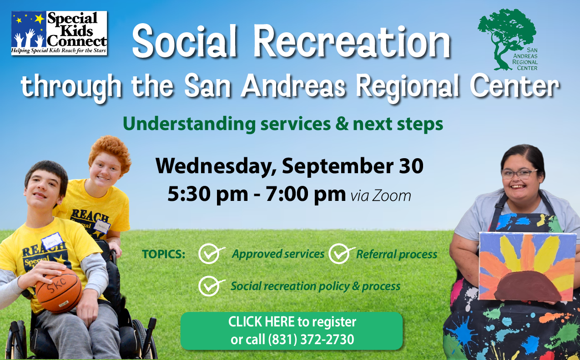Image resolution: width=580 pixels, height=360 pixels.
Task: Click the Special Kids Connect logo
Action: [x=59, y=33]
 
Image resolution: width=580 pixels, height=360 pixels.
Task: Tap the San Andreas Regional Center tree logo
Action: [x=508, y=40]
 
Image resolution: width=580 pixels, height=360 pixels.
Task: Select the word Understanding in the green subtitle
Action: [x=189, y=124]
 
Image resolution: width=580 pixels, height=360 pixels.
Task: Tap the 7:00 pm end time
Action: [x=306, y=195]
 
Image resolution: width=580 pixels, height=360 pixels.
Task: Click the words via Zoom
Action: [x=381, y=196]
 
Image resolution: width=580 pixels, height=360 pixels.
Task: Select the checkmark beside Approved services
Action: [x=210, y=254]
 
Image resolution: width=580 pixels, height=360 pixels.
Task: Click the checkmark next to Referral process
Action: [x=340, y=254]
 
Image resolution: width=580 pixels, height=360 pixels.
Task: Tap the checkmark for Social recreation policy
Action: [x=210, y=286]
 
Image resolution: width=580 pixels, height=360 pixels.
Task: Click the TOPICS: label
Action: [x=163, y=255]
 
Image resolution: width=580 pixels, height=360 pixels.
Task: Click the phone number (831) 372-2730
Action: [x=311, y=339]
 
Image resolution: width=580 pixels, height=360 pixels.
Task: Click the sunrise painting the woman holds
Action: [x=527, y=266]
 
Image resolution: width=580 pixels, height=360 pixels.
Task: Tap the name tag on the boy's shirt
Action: [x=52, y=241]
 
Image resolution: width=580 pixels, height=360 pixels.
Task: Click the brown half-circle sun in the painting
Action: [x=527, y=286]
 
